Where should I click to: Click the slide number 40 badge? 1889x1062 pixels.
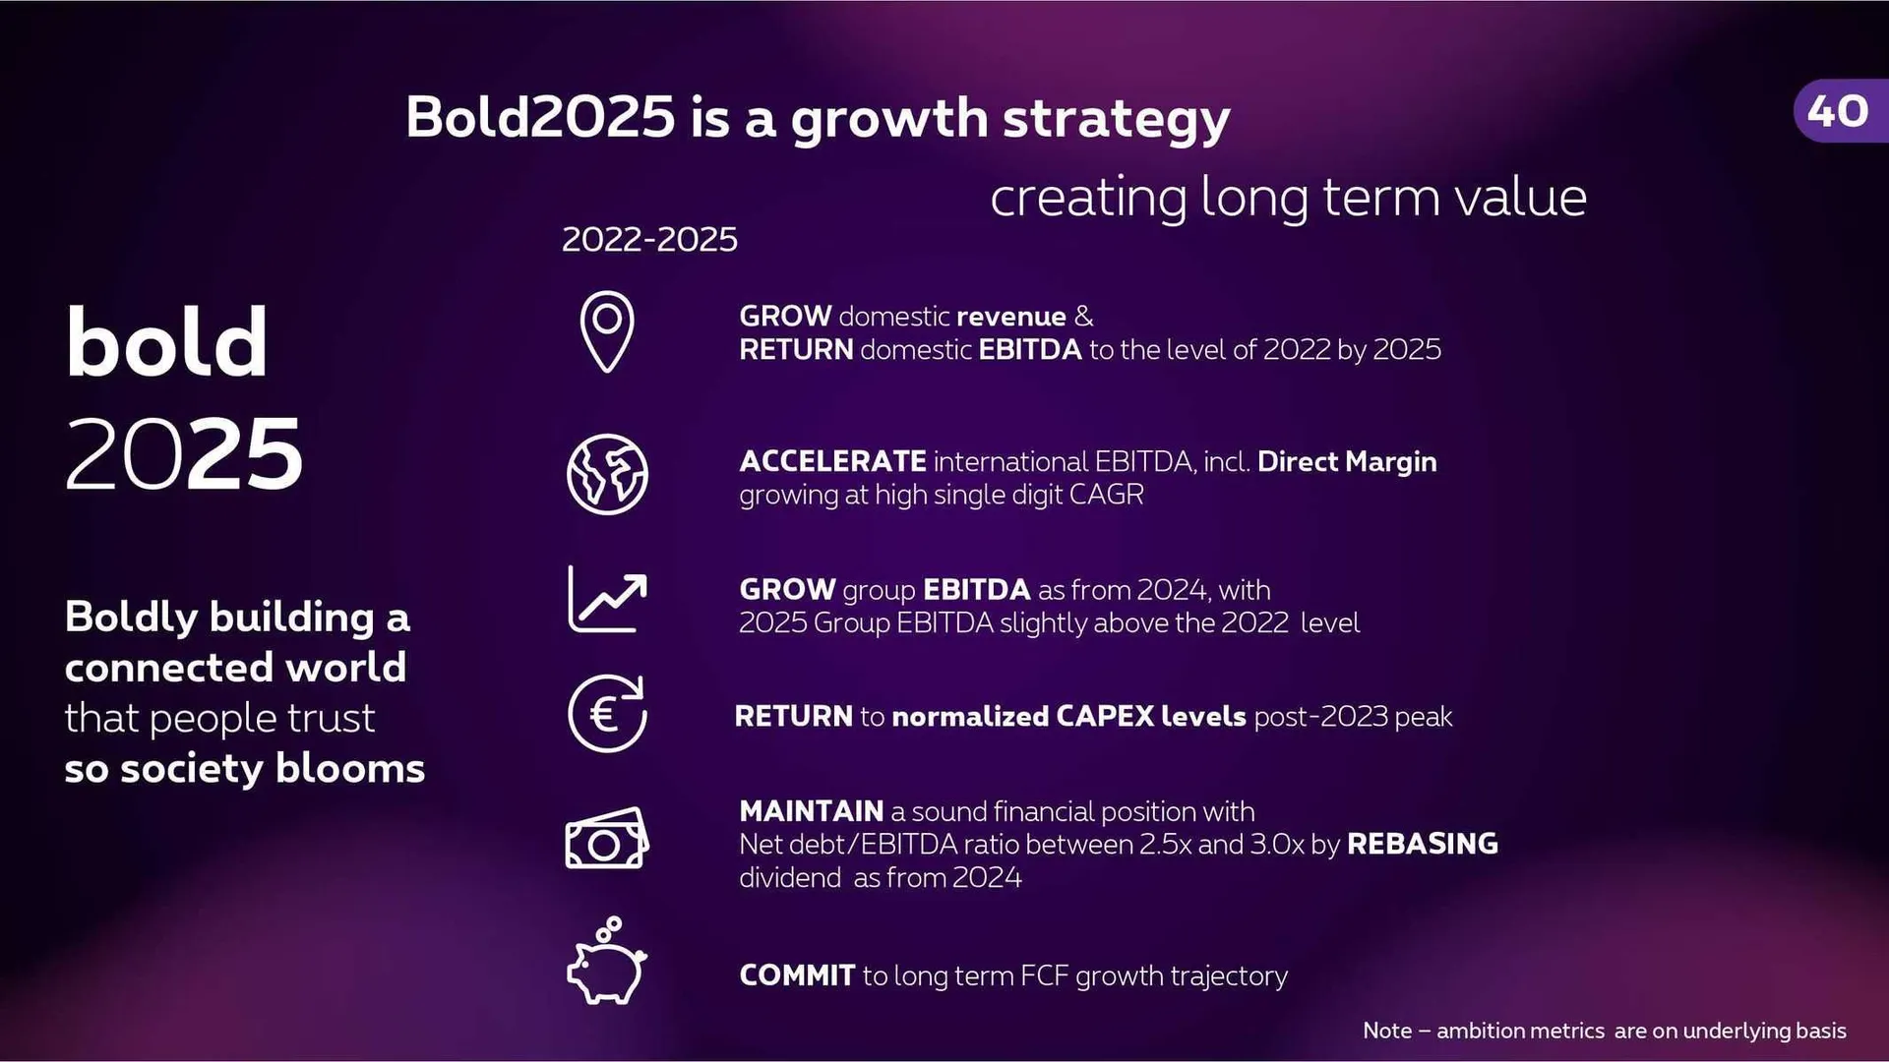tap(1838, 111)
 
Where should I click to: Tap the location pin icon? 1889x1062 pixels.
tap(607, 331)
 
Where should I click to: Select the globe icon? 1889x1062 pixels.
tap(607, 474)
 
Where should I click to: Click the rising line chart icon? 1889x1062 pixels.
tap(607, 599)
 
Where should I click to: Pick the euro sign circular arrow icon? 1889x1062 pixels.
tap(607, 714)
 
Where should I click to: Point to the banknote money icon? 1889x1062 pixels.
tap(607, 839)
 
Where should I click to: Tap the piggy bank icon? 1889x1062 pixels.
tap(606, 963)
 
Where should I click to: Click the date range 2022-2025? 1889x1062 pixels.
tap(649, 239)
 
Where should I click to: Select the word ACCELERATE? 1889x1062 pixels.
tap(832, 461)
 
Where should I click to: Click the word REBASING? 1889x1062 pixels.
tap(1422, 844)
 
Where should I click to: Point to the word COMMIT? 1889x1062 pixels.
tap(797, 975)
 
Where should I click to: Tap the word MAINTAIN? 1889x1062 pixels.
tap(811, 811)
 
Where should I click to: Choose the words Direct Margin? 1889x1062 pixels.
tap(1346, 461)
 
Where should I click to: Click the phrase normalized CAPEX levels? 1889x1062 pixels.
tap(1068, 716)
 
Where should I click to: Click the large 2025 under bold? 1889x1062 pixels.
tap(184, 454)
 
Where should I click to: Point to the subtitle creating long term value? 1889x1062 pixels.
tap(1288, 198)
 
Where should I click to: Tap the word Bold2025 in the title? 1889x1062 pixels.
tap(540, 117)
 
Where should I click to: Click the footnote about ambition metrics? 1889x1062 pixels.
tap(1604, 1031)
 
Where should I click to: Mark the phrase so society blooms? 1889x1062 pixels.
tap(244, 768)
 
